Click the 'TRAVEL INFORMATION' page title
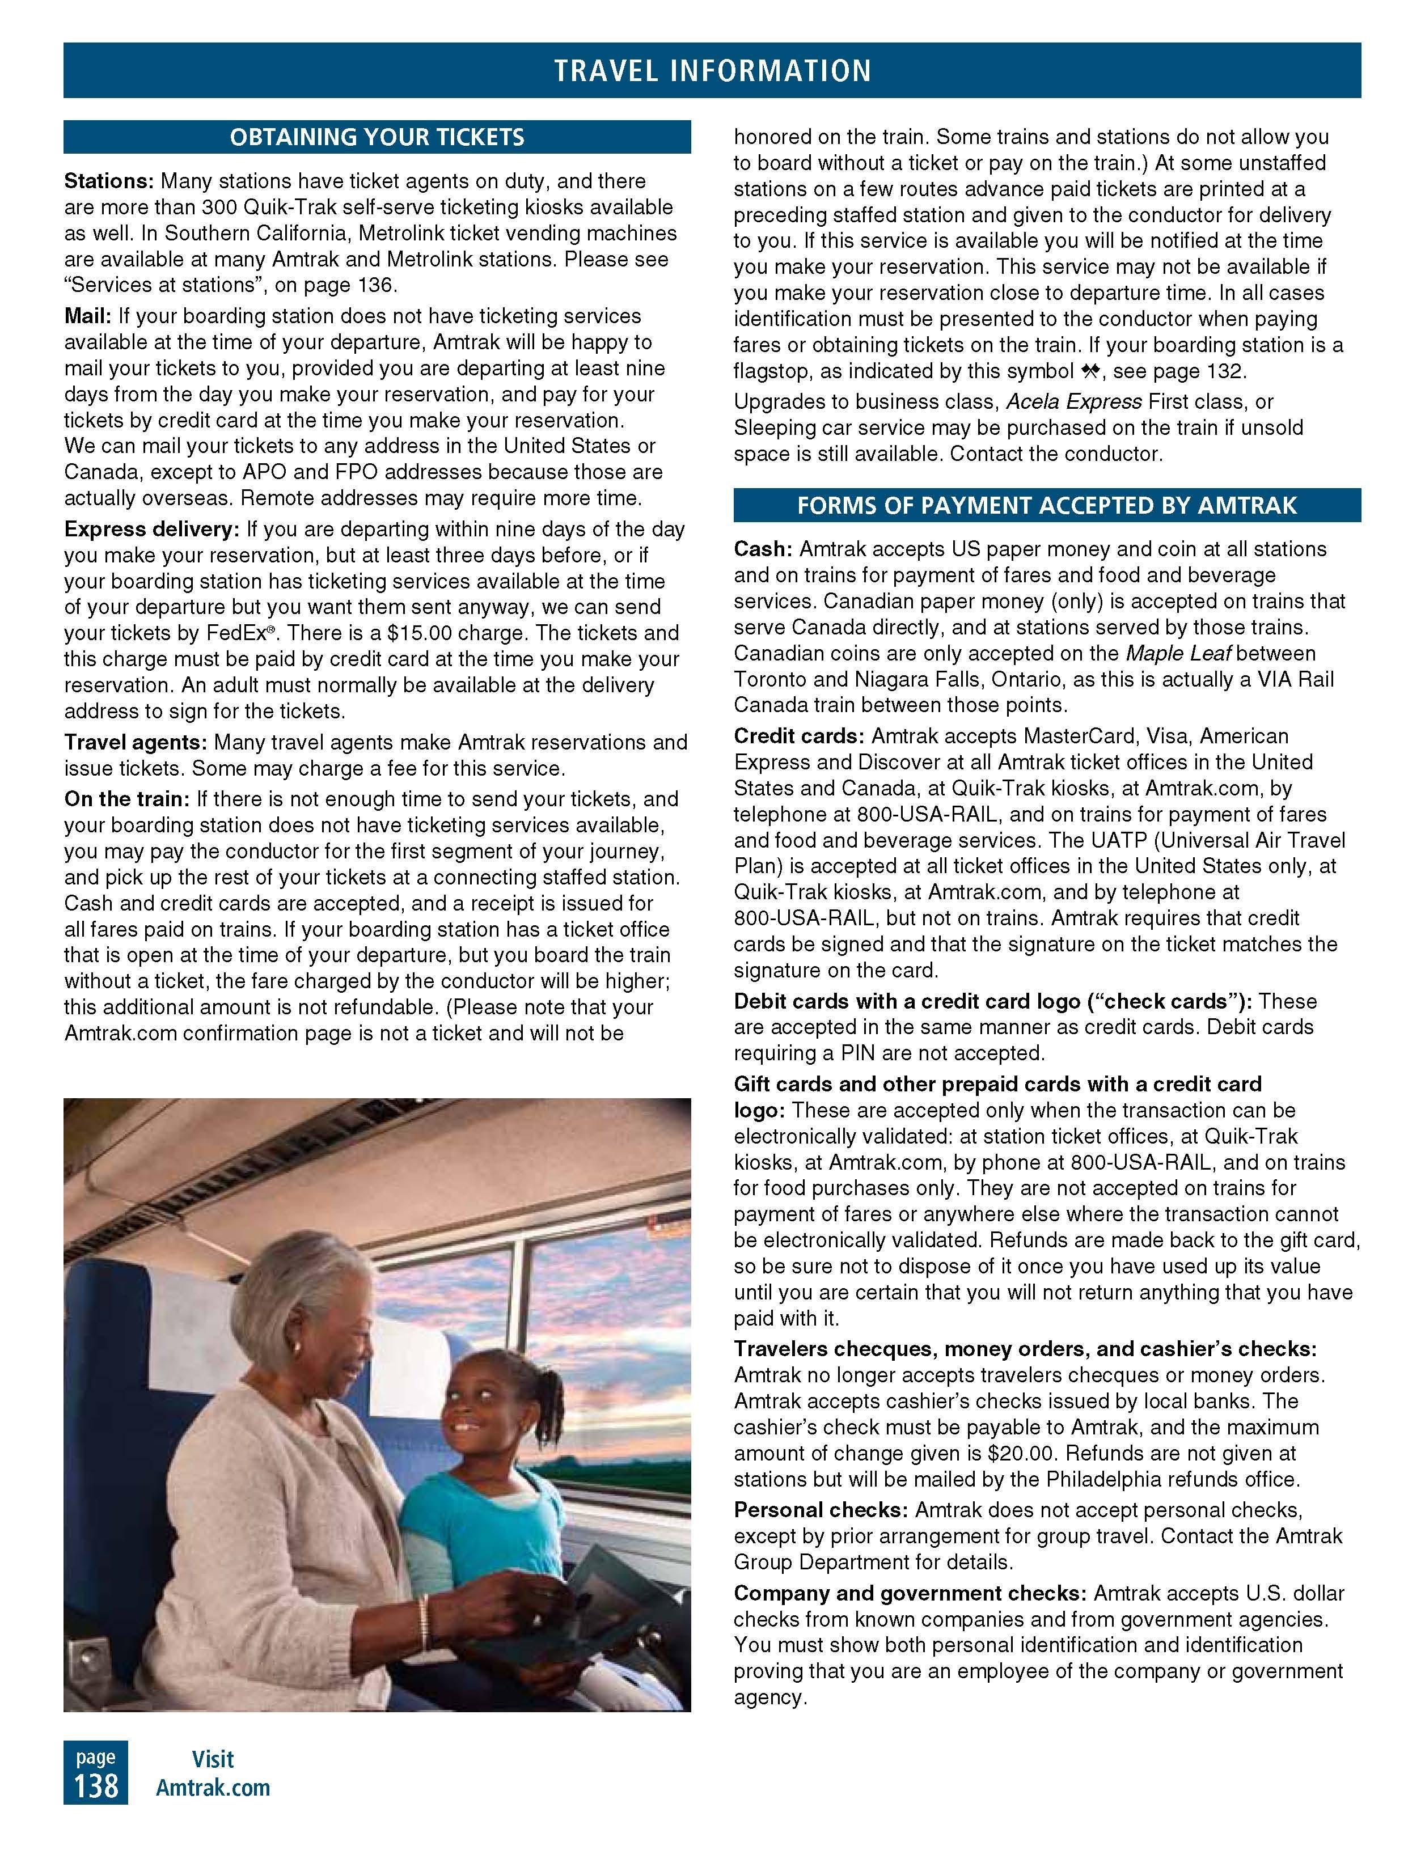pyautogui.click(x=712, y=70)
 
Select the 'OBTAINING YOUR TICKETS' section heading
pyautogui.click(x=377, y=137)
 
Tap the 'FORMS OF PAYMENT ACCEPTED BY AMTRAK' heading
pyautogui.click(x=1046, y=506)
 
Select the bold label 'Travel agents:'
pyautogui.click(x=136, y=743)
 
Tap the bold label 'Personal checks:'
pyautogui.click(x=821, y=1509)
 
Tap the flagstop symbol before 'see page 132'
pyautogui.click(x=1089, y=371)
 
